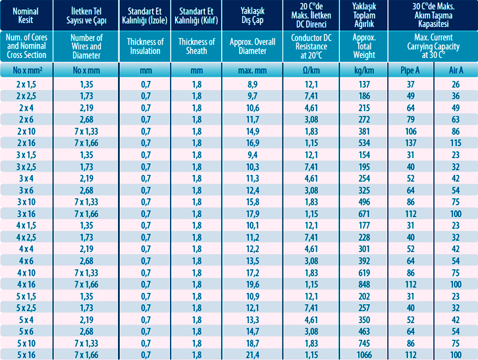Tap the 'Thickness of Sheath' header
click(x=197, y=46)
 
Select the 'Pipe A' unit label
click(x=410, y=70)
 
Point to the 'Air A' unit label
click(x=455, y=70)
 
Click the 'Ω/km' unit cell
click(x=311, y=70)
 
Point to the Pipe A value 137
click(x=410, y=142)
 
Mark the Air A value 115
click(x=455, y=142)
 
